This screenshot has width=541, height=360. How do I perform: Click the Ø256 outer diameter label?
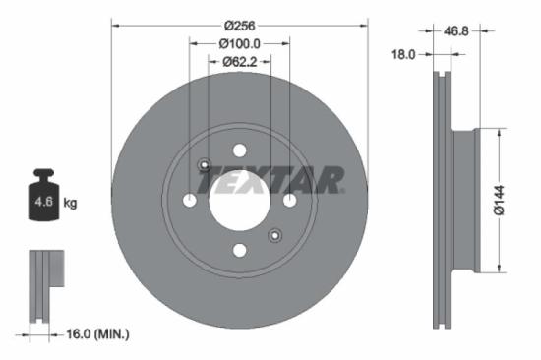(239, 24)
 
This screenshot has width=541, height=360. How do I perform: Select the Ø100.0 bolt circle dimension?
(239, 42)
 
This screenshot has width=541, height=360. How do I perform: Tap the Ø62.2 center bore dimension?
(239, 61)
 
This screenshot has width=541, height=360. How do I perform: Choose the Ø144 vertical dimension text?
(499, 201)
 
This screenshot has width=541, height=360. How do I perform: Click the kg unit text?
(70, 204)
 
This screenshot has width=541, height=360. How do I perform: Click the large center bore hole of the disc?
(239, 201)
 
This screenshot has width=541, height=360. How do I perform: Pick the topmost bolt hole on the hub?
(239, 150)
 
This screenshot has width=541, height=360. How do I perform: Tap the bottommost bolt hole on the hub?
(239, 251)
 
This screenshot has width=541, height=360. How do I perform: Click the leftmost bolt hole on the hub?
(189, 201)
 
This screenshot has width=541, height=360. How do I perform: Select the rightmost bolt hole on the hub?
(289, 201)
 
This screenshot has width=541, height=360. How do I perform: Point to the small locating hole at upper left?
(204, 165)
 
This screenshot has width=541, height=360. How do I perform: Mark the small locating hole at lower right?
(274, 235)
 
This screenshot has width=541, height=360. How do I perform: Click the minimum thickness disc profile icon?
(43, 286)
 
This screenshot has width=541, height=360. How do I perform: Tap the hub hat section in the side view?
(463, 201)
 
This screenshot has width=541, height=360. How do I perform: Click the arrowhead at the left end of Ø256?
(113, 24)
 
